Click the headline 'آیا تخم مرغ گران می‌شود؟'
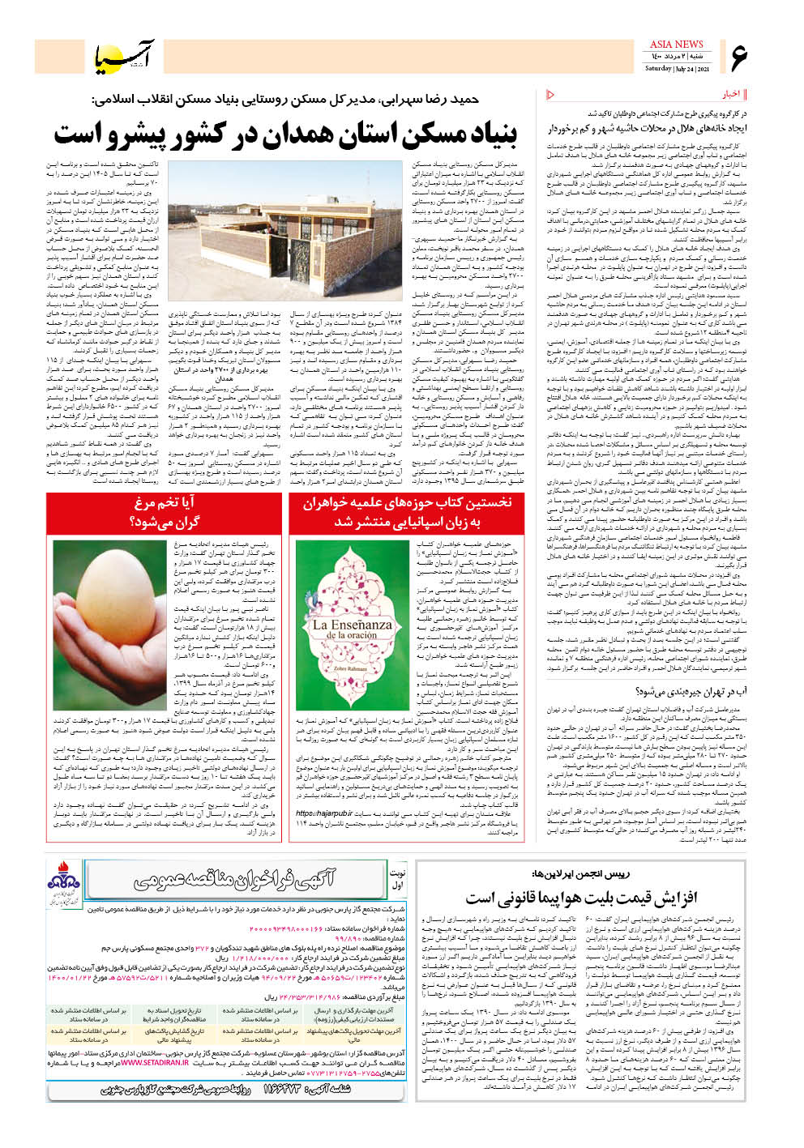165,513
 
